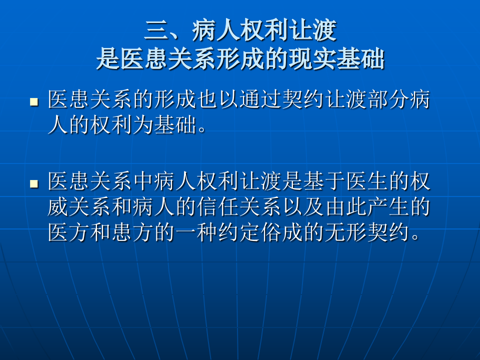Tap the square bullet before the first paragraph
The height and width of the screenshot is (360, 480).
coord(34,101)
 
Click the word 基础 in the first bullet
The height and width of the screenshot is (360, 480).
coord(175,125)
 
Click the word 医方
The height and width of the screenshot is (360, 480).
coord(69,233)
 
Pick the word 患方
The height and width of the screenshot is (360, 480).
coord(132,233)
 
